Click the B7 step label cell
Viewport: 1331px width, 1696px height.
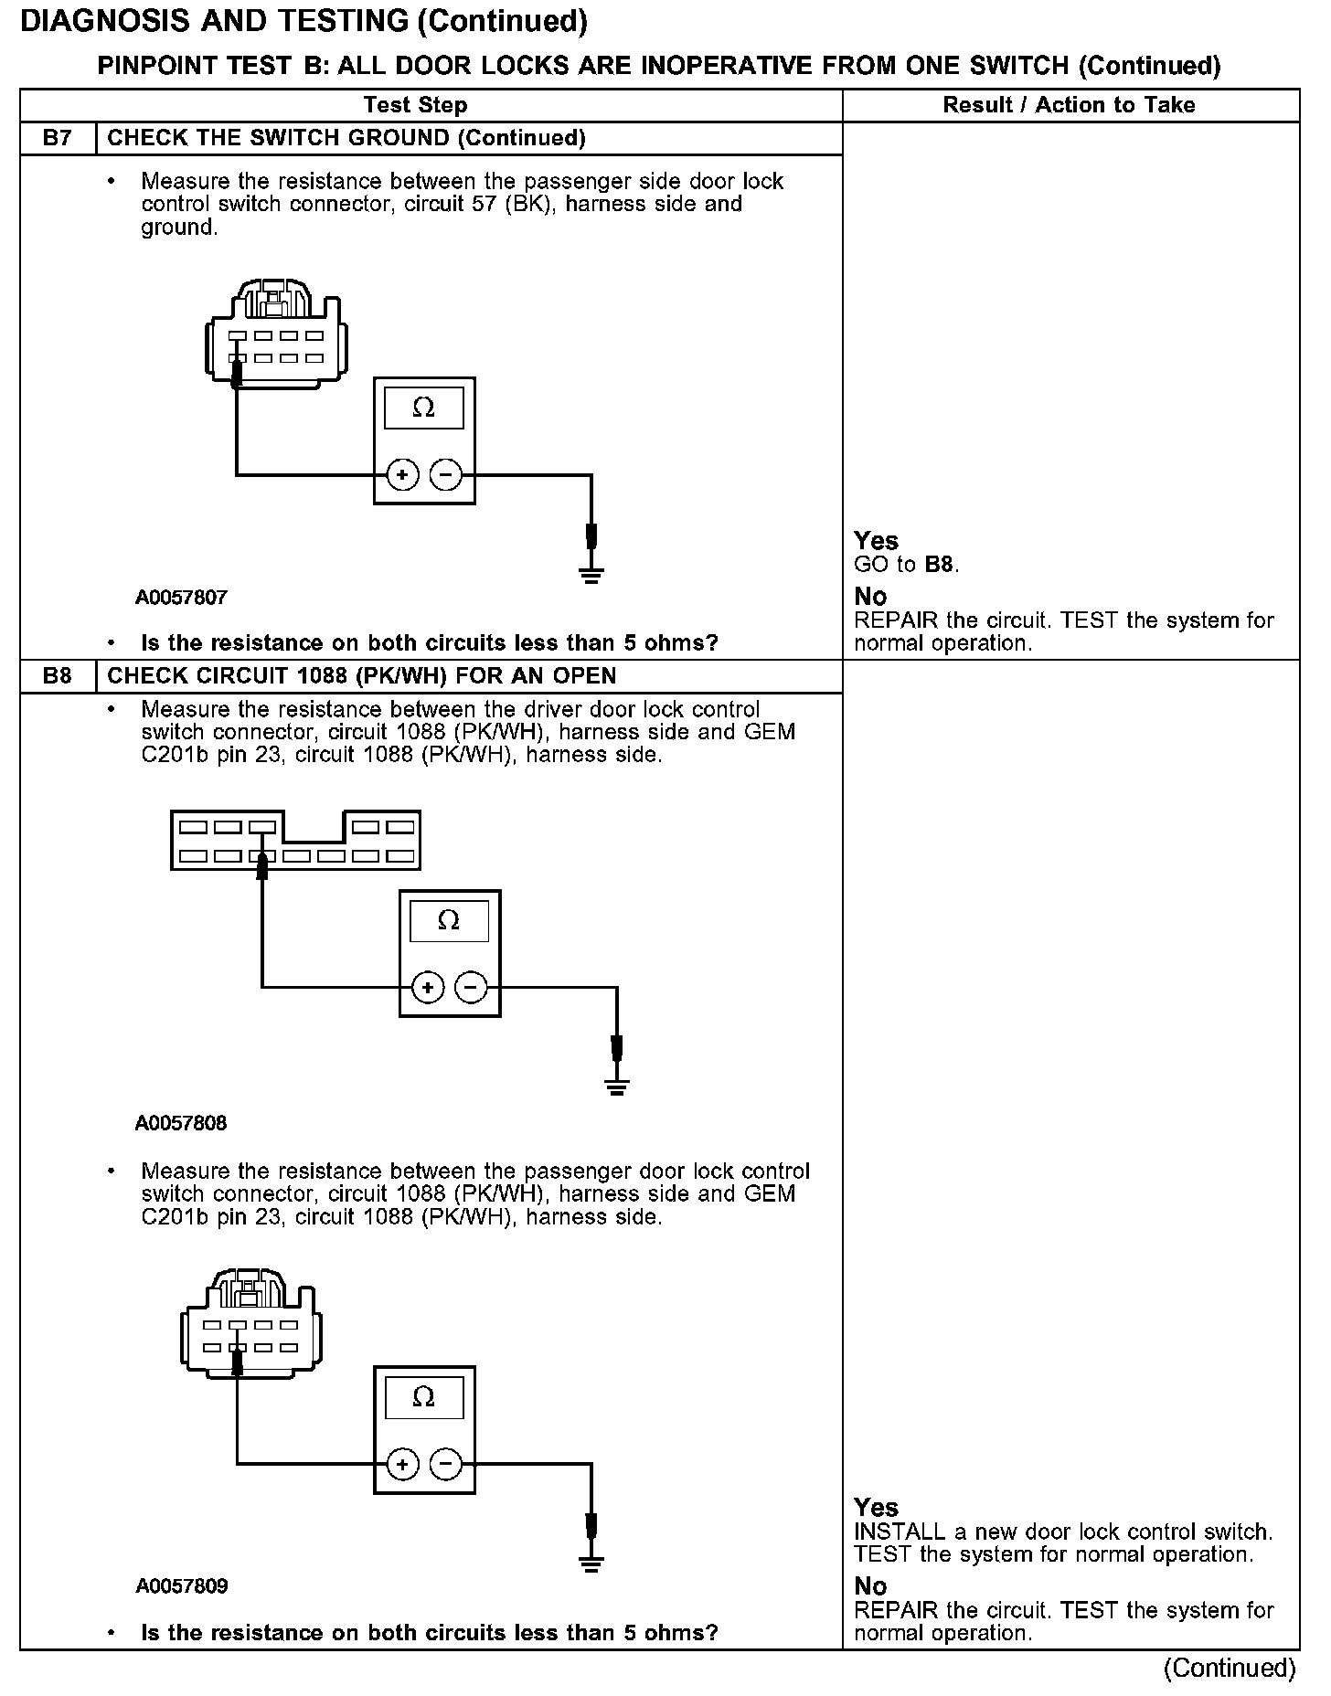[57, 138]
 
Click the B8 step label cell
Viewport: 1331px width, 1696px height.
[57, 676]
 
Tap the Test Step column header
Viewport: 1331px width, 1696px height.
[415, 105]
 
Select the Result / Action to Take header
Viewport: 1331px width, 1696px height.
[1069, 105]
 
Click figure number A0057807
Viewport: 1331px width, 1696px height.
[181, 598]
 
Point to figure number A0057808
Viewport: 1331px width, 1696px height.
[181, 1123]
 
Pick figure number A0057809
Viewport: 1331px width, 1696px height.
[181, 1586]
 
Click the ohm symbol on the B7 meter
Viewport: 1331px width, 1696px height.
[423, 408]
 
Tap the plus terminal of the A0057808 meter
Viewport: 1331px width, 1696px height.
[427, 987]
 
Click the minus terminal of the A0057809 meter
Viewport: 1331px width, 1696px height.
[445, 1465]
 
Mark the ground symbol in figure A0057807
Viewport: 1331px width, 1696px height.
[591, 574]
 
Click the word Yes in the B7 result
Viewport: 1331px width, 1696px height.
[876, 541]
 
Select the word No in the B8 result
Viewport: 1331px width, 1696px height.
[870, 1585]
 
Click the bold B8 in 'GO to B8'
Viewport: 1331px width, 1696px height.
[940, 565]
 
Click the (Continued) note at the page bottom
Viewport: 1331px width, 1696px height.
[1230, 1668]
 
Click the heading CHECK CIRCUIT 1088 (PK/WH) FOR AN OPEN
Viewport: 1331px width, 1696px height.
[362, 676]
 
